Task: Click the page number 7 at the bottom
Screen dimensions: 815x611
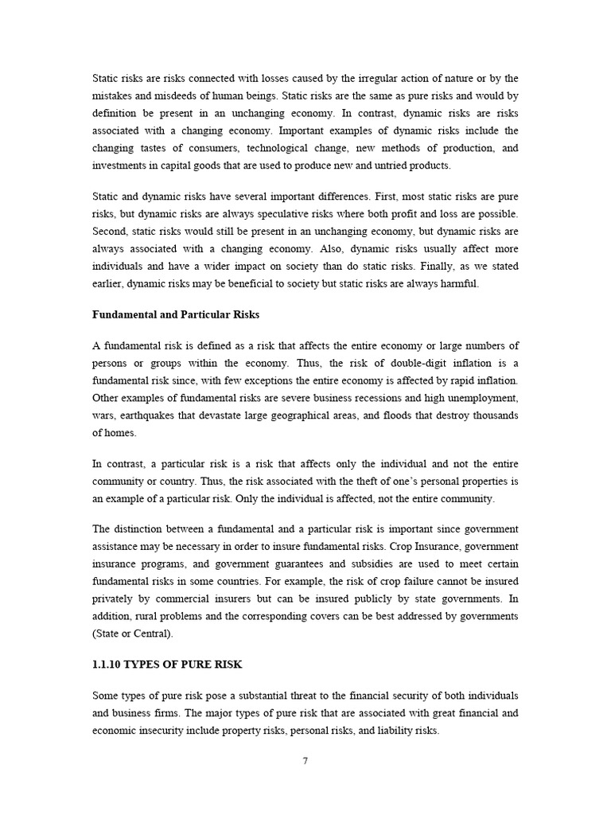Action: pyautogui.click(x=305, y=760)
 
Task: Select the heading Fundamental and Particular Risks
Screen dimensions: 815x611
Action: pyautogui.click(x=170, y=314)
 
